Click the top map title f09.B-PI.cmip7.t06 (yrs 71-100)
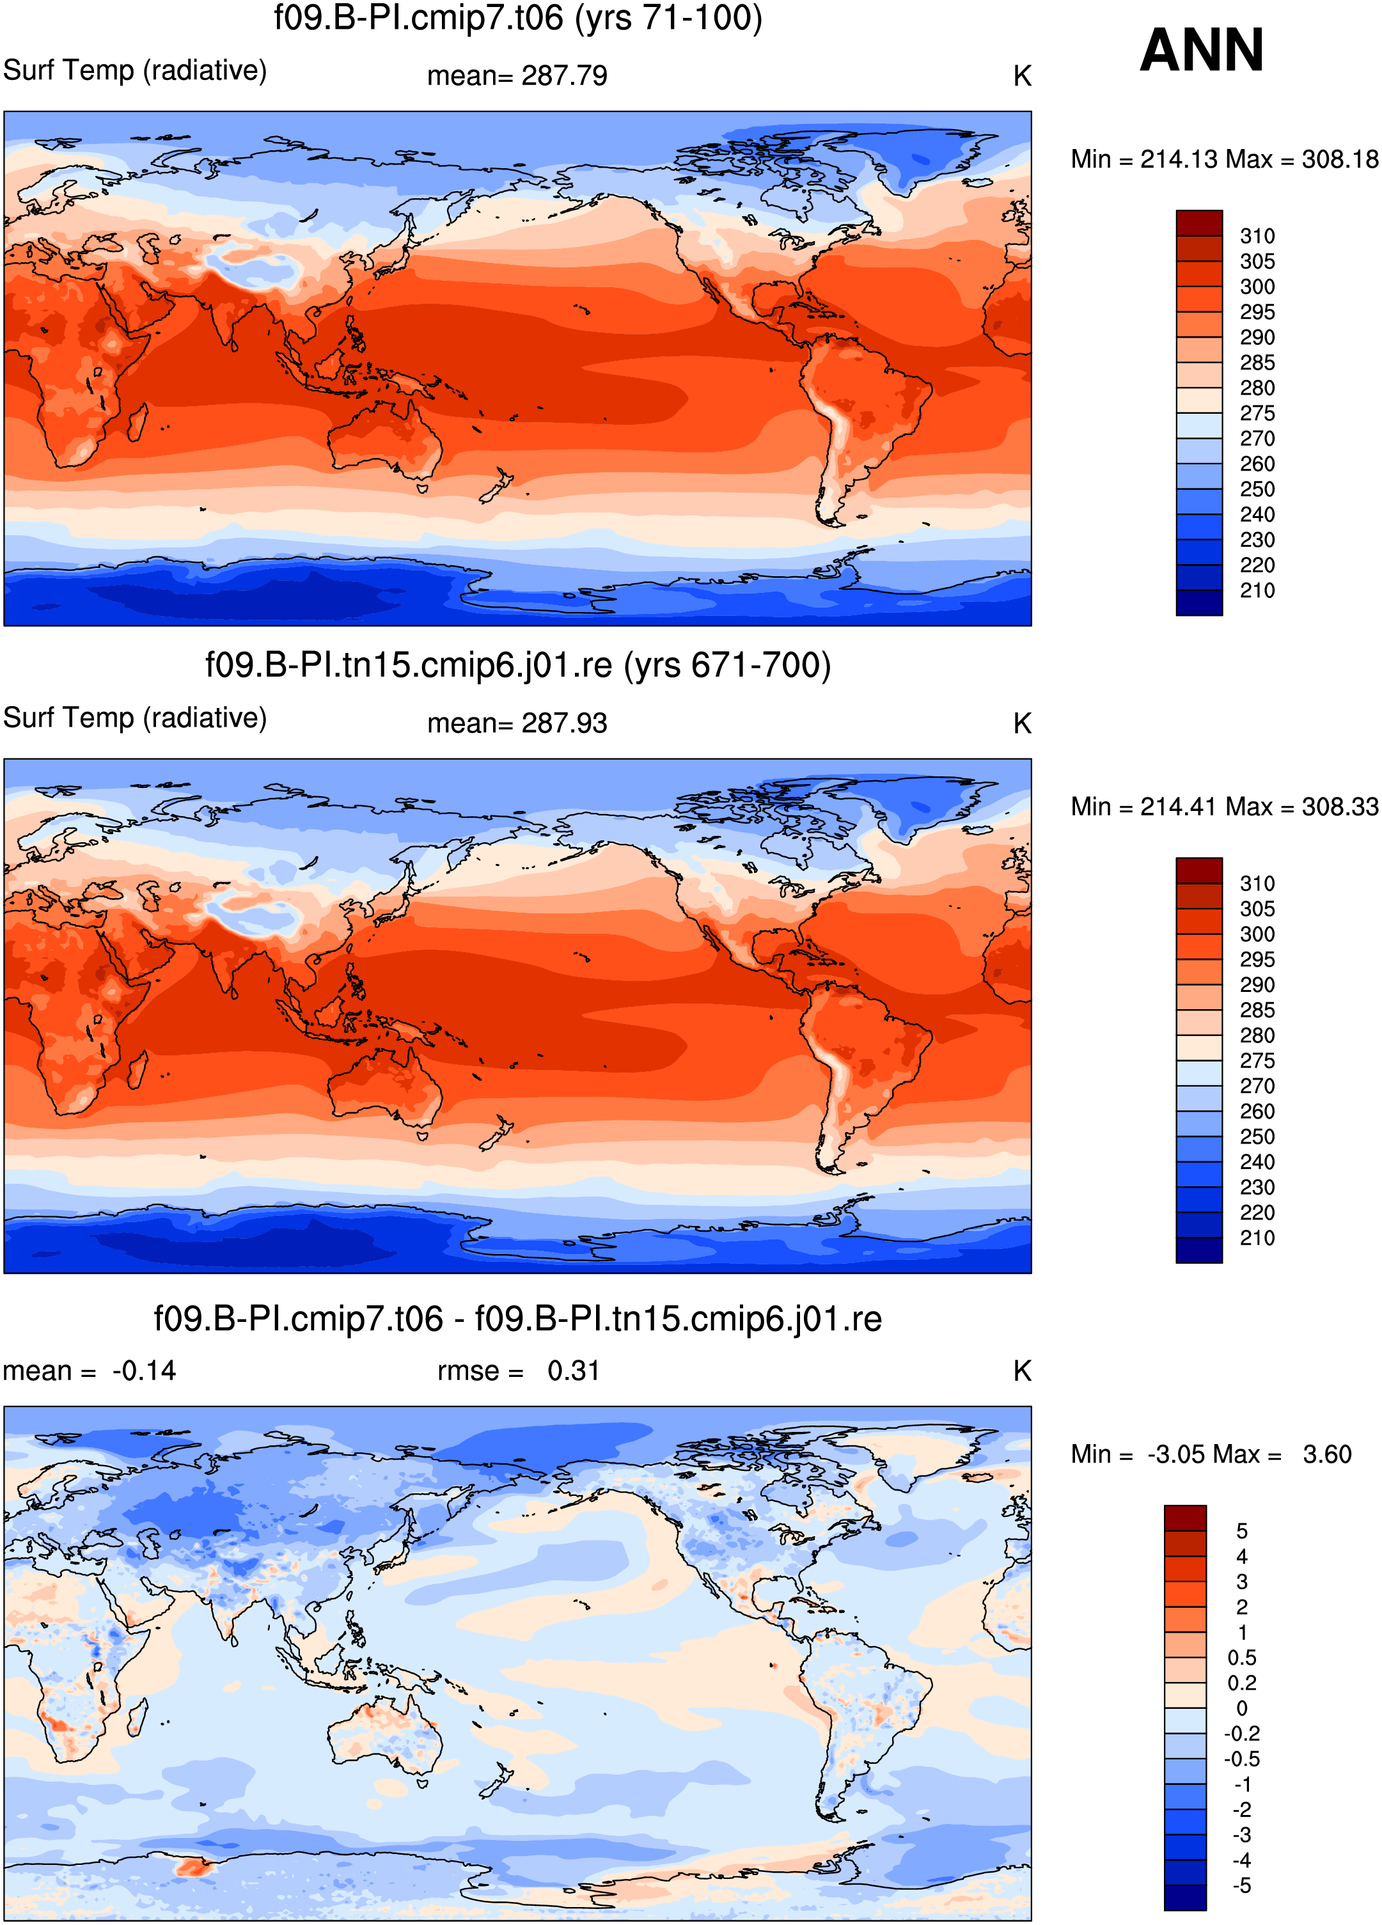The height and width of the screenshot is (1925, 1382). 518,18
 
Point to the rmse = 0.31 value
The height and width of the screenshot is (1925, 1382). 519,1371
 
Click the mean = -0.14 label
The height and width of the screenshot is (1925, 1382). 89,1371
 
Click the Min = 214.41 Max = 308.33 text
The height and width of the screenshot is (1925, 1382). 1224,806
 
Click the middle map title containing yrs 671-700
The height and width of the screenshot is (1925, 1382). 518,664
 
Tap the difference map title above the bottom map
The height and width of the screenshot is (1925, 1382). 518,1319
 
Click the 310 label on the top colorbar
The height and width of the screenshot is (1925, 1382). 1257,236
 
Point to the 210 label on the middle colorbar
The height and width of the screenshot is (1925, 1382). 1257,1237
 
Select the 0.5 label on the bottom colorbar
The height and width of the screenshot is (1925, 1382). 1242,1658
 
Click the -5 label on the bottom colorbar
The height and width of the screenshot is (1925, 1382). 1242,1885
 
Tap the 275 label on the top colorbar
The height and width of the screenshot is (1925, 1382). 1257,413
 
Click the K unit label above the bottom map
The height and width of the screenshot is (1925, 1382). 1022,1371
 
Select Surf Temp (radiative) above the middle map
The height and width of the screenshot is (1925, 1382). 135,718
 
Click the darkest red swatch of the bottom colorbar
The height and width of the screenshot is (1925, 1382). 1185,1518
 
